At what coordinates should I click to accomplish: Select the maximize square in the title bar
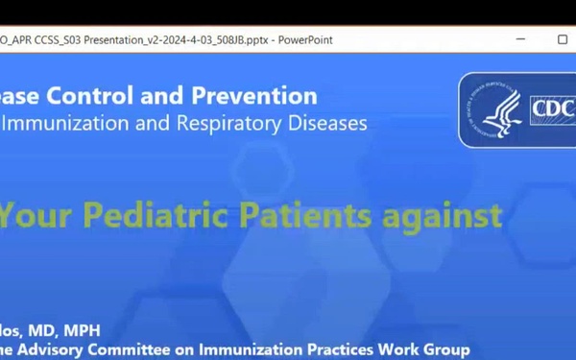[563, 39]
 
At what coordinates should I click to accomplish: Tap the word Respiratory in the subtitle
[238, 123]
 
